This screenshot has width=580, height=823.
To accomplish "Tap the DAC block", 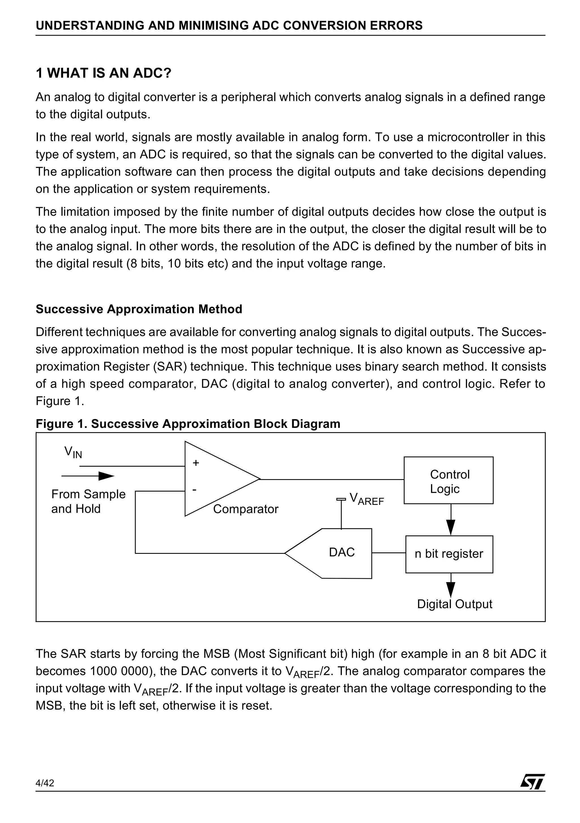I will coord(342,552).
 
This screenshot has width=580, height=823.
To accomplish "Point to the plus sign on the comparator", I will coord(195,463).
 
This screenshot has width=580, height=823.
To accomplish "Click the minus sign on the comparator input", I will coord(194,489).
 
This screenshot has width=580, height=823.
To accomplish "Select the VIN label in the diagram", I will coord(73,452).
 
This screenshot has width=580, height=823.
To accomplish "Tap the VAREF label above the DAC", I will coord(366,499).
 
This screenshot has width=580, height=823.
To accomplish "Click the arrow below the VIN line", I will coord(106,476).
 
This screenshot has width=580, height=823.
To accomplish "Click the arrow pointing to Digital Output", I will coord(451,588).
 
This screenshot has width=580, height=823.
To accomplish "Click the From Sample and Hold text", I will coord(88,501).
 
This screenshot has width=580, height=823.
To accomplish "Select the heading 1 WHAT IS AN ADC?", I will coord(104,73).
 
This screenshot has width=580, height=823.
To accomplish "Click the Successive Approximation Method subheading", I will coord(139,309).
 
